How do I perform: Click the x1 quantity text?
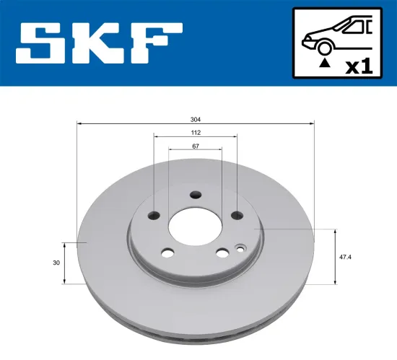[x=358, y=66]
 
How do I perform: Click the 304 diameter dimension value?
[x=195, y=118]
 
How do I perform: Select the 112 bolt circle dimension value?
[x=195, y=133]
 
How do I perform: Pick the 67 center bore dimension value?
[x=195, y=146]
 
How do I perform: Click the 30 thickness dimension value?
[x=56, y=263]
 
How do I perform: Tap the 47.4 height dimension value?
[x=345, y=256]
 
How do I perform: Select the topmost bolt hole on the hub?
[x=196, y=194]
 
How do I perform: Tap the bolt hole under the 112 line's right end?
[x=237, y=215]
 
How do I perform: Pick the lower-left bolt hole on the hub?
[x=168, y=253]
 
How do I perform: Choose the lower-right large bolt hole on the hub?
[x=222, y=253]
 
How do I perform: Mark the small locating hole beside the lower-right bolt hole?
[x=240, y=250]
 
